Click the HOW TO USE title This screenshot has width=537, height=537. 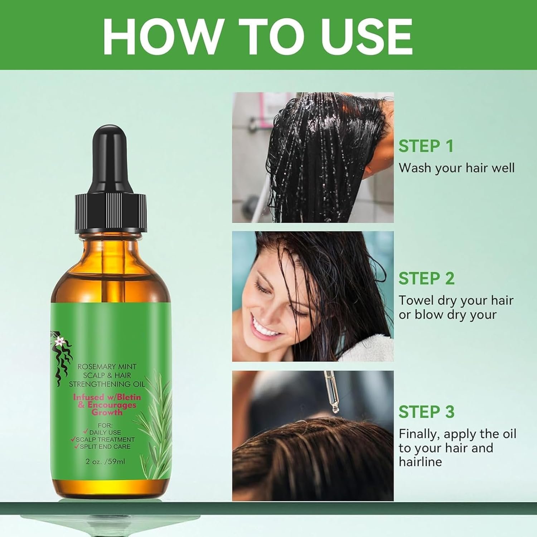(x=258, y=35)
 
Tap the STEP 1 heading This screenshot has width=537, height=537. (x=426, y=146)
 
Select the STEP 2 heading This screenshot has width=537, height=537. (x=426, y=279)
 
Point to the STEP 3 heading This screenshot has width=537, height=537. (x=426, y=412)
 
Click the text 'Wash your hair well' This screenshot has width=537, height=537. (x=456, y=168)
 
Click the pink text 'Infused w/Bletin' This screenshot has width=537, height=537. (x=107, y=397)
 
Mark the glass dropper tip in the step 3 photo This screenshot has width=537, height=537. (x=334, y=408)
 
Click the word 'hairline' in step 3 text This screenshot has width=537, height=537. (x=420, y=462)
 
